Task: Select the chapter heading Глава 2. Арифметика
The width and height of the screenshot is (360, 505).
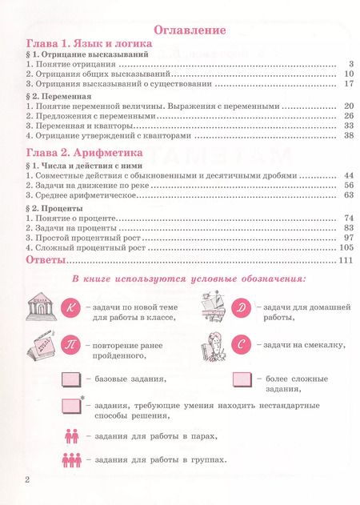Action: click(84, 151)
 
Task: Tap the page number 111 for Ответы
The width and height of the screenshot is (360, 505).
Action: click(346, 261)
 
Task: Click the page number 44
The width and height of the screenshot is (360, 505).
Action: click(348, 174)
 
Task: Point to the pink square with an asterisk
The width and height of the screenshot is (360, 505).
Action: click(72, 409)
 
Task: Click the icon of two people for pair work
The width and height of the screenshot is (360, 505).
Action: click(71, 436)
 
